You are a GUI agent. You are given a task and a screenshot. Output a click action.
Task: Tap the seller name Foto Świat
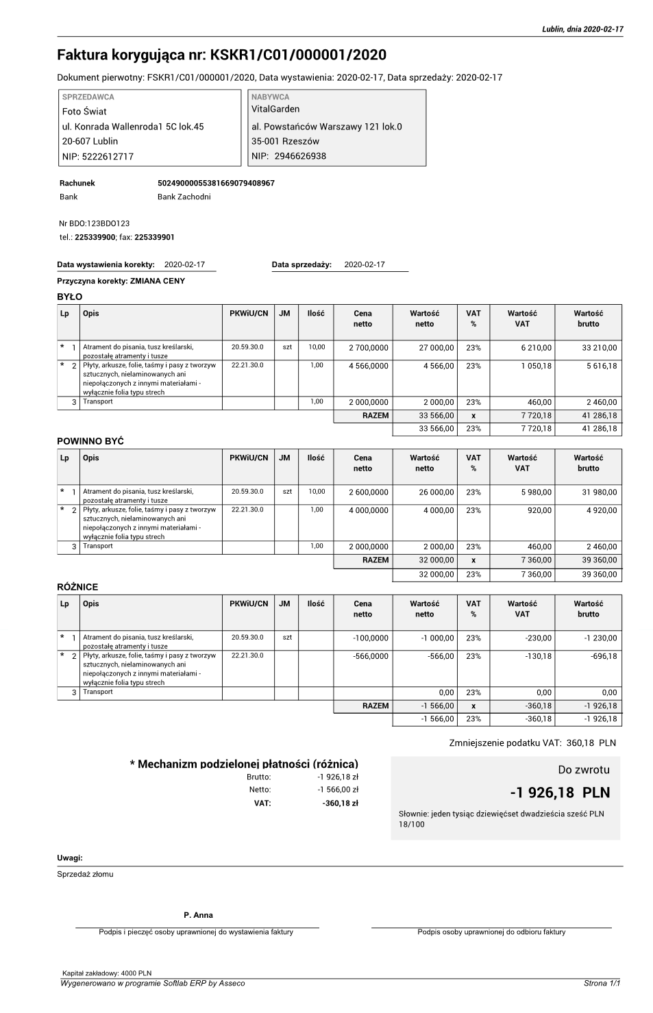point(84,111)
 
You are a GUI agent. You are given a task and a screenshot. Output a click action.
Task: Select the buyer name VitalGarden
point(275,109)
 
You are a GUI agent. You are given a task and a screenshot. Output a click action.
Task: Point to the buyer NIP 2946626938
point(300,156)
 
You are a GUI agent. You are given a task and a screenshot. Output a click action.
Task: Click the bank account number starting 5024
point(216,184)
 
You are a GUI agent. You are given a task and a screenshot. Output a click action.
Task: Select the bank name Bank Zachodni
point(184,197)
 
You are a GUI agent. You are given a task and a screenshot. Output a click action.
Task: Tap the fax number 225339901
point(154,237)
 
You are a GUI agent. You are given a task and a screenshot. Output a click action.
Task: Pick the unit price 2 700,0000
point(368,348)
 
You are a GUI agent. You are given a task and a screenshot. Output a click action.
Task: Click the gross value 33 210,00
point(599,348)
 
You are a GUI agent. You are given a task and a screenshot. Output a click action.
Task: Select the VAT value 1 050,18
point(535,366)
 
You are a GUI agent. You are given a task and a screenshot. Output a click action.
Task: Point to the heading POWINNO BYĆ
point(90,442)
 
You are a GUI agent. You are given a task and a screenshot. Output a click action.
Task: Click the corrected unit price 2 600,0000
point(368,492)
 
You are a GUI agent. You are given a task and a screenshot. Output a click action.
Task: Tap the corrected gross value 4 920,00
point(602,510)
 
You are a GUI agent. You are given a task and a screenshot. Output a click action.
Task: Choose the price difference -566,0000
point(370,656)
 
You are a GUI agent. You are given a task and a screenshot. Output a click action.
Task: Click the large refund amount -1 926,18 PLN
point(559,792)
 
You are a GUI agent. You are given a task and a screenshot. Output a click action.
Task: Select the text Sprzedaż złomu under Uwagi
point(85,874)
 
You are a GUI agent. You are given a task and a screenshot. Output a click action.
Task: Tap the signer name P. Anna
point(198,915)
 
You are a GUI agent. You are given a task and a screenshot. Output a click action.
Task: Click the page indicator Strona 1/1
point(602,984)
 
